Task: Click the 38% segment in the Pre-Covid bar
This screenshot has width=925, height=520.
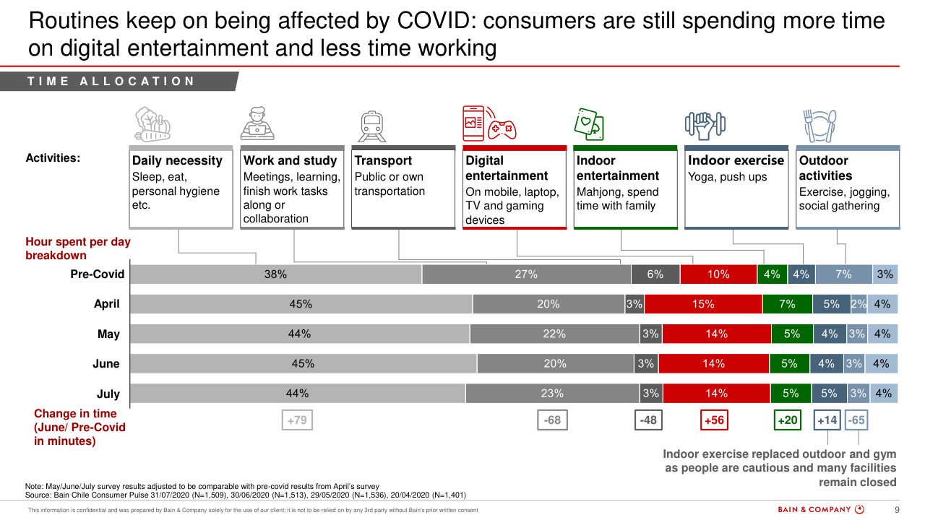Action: (x=275, y=274)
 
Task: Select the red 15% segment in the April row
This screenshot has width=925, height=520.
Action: (x=703, y=305)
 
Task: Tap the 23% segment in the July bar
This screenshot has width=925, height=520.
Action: (x=552, y=394)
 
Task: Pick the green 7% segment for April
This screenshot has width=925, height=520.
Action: (x=787, y=305)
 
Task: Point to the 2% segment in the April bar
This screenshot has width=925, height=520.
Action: (x=859, y=305)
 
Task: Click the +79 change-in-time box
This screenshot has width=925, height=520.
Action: (x=297, y=420)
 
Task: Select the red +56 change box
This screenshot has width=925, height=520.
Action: (x=713, y=420)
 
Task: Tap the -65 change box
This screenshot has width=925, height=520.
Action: (x=856, y=420)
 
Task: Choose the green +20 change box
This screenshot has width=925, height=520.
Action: (x=787, y=420)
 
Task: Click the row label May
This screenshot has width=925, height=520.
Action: (x=108, y=334)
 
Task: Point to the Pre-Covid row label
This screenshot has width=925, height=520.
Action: (x=97, y=274)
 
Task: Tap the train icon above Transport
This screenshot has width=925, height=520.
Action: (x=373, y=126)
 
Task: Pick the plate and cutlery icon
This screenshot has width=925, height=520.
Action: (x=819, y=125)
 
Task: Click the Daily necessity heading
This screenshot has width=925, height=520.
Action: (x=177, y=160)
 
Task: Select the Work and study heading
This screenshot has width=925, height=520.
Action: (x=290, y=160)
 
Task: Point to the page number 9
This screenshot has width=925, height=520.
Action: (x=897, y=509)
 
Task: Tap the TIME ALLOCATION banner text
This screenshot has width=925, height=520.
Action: (x=111, y=82)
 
